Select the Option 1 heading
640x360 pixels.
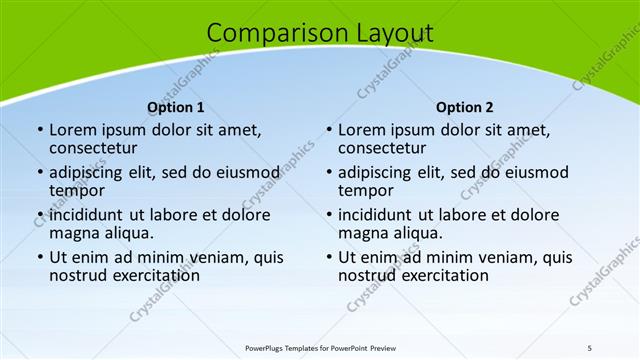point(176,107)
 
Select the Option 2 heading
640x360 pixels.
point(465,107)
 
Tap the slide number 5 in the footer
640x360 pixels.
point(590,346)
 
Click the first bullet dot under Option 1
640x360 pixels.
point(40,130)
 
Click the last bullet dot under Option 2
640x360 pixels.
point(329,257)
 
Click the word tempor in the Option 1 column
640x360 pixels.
point(76,190)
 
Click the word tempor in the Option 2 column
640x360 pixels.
point(365,190)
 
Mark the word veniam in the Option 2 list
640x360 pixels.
point(508,257)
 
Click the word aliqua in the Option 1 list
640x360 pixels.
point(128,233)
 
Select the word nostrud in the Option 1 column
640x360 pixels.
point(79,275)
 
